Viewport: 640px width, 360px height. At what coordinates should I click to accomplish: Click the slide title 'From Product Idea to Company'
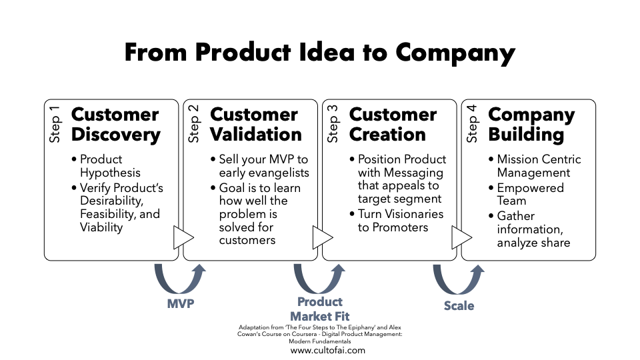click(319, 53)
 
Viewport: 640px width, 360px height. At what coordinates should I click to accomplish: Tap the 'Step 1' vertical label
click(55, 124)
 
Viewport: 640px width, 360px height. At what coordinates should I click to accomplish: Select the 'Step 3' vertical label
click(333, 124)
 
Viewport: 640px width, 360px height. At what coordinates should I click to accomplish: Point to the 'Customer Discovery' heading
click(115, 125)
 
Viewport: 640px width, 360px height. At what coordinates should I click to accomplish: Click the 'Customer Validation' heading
click(256, 125)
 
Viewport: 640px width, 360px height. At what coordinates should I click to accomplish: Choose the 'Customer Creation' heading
click(393, 125)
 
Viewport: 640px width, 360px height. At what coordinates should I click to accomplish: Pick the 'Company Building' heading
click(531, 125)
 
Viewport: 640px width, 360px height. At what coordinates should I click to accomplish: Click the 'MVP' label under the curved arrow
click(181, 304)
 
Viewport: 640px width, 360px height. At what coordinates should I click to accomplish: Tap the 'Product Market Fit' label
click(320, 309)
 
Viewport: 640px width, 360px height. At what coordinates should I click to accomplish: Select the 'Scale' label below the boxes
click(459, 306)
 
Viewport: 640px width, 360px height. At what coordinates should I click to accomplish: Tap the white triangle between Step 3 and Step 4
click(461, 237)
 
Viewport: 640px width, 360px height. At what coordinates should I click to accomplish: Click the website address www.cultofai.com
click(328, 350)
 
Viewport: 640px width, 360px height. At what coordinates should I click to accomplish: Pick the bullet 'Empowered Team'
click(527, 194)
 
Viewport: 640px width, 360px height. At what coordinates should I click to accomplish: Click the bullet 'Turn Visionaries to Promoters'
click(397, 221)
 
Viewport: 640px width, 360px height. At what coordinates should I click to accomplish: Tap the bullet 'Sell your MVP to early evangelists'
click(260, 166)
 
